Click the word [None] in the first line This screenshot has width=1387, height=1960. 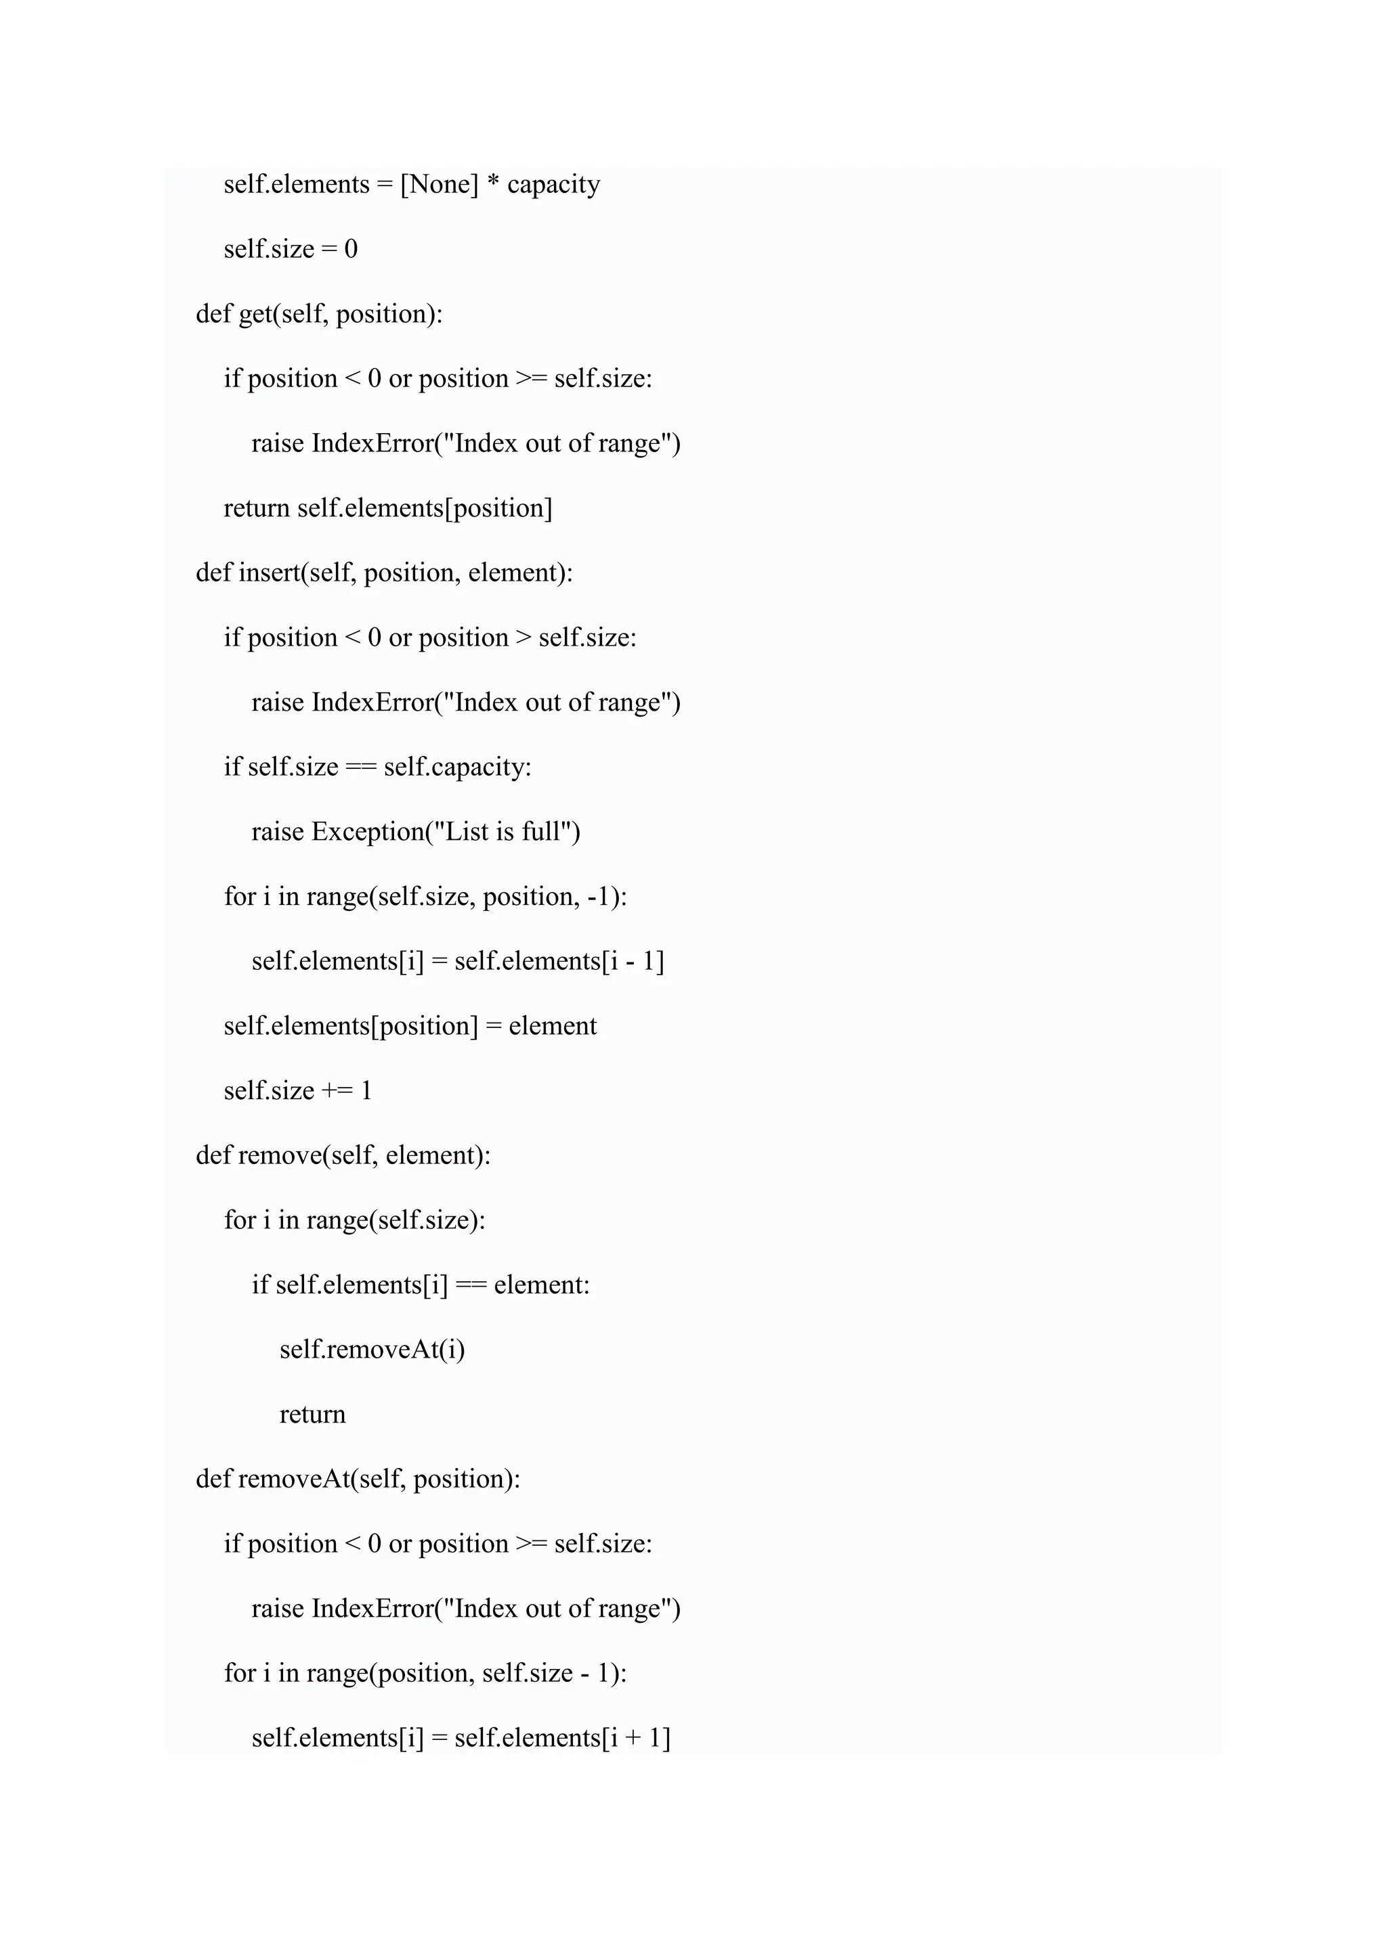[439, 184]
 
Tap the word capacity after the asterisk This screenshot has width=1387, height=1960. [553, 184]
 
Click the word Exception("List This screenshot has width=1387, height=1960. [400, 832]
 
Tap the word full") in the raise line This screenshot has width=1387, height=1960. [551, 832]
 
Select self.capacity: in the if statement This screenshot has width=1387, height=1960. [457, 767]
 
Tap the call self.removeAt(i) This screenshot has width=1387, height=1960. [372, 1350]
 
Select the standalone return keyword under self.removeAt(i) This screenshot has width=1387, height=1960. [313, 1415]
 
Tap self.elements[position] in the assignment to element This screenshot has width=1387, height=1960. [350, 1025]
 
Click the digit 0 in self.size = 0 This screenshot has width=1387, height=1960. [351, 249]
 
